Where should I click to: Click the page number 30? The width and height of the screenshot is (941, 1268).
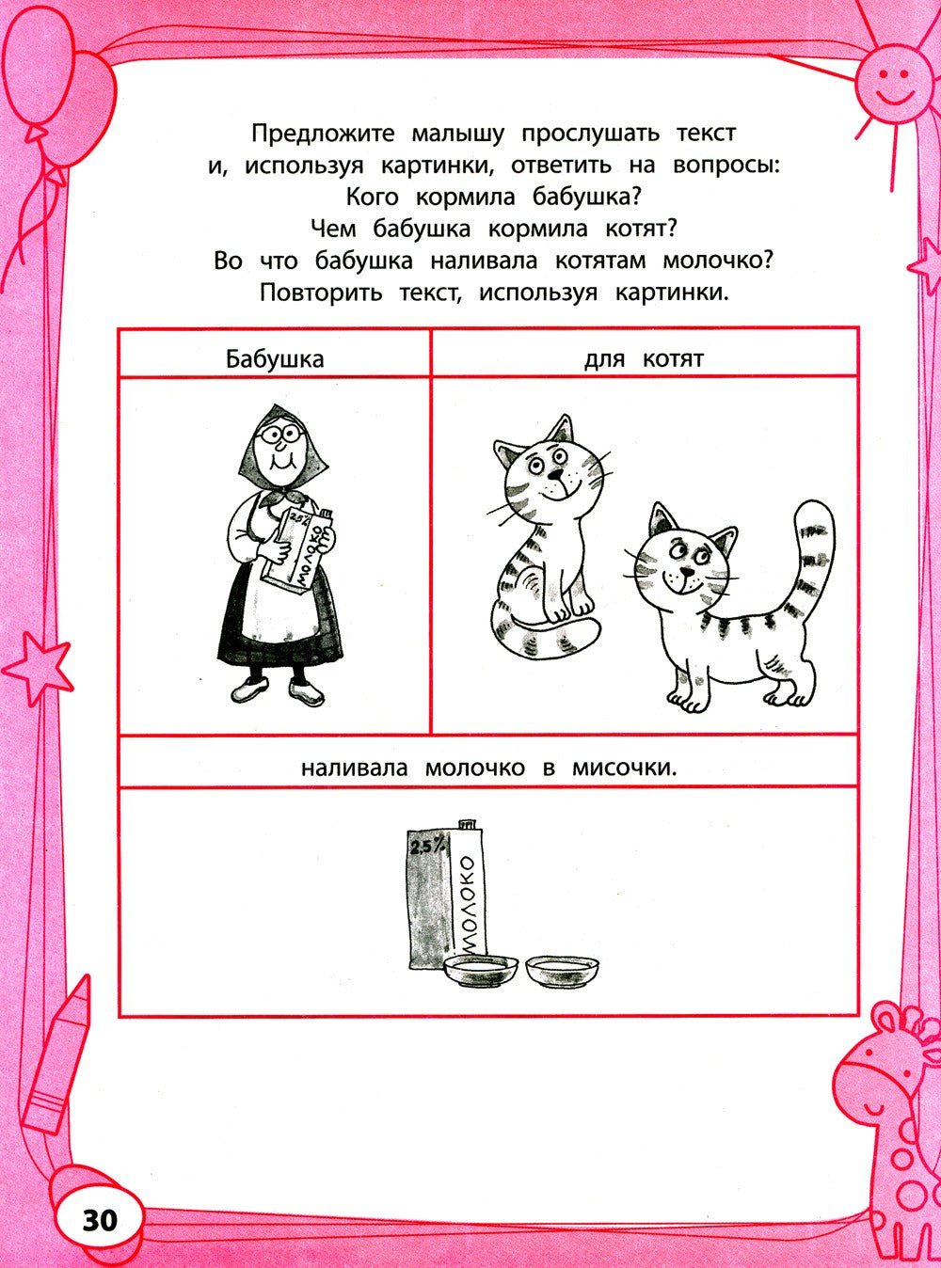[x=100, y=1220]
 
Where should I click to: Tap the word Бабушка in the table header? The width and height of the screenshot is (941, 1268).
[x=275, y=358]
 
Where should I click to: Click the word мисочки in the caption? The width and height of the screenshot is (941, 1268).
[x=624, y=768]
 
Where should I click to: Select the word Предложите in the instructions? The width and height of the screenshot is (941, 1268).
[x=322, y=134]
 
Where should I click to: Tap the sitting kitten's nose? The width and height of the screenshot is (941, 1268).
[x=555, y=474]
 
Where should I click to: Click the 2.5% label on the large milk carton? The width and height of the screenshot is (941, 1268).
[x=423, y=847]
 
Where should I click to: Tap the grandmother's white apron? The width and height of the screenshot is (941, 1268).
[x=275, y=611]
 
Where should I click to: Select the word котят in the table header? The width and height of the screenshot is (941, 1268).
[x=673, y=358]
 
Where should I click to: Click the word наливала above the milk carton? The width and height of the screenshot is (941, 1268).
[x=354, y=768]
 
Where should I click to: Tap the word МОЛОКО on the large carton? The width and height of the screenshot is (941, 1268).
[x=470, y=903]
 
